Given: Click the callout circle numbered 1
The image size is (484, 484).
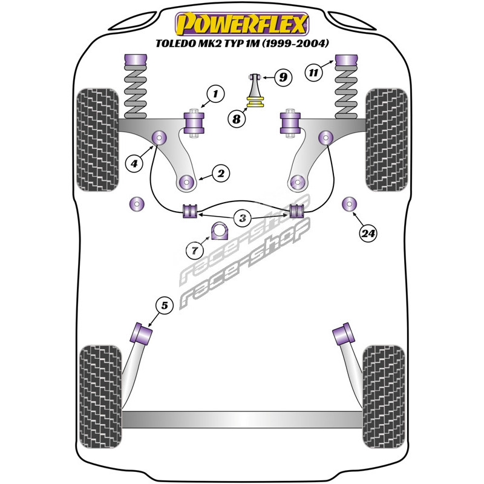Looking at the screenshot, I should (214, 93).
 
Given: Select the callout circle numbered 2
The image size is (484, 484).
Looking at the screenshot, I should (220, 174).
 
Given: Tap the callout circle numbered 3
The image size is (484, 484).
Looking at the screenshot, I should (242, 218).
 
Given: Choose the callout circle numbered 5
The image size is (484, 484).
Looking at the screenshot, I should (164, 306).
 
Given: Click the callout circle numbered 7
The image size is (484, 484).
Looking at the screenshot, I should (195, 249).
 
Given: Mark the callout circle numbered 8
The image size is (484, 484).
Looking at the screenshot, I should (237, 119).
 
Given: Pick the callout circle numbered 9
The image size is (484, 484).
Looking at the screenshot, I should (282, 77).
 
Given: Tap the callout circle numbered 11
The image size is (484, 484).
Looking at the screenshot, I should (313, 73).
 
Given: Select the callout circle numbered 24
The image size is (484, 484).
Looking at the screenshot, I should (367, 233).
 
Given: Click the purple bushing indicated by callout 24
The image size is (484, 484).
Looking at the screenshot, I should (350, 204).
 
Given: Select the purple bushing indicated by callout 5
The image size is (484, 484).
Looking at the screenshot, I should (142, 333).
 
